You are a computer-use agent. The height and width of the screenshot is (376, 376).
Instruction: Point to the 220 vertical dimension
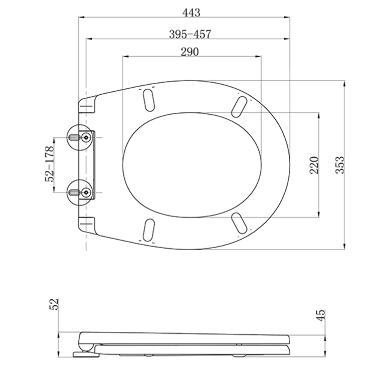(314, 165)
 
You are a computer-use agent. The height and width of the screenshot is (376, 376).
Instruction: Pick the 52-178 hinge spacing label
(50, 163)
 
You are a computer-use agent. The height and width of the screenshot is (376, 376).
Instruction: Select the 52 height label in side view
(55, 304)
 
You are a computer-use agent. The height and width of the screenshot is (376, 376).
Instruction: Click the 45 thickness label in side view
(321, 314)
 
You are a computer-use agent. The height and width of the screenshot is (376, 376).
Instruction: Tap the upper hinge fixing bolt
(86, 137)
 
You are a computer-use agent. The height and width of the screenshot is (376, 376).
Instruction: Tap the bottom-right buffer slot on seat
(239, 223)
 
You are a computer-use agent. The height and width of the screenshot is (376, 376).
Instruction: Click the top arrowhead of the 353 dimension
(344, 82)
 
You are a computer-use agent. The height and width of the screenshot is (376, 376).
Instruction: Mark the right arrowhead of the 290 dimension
(260, 56)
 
